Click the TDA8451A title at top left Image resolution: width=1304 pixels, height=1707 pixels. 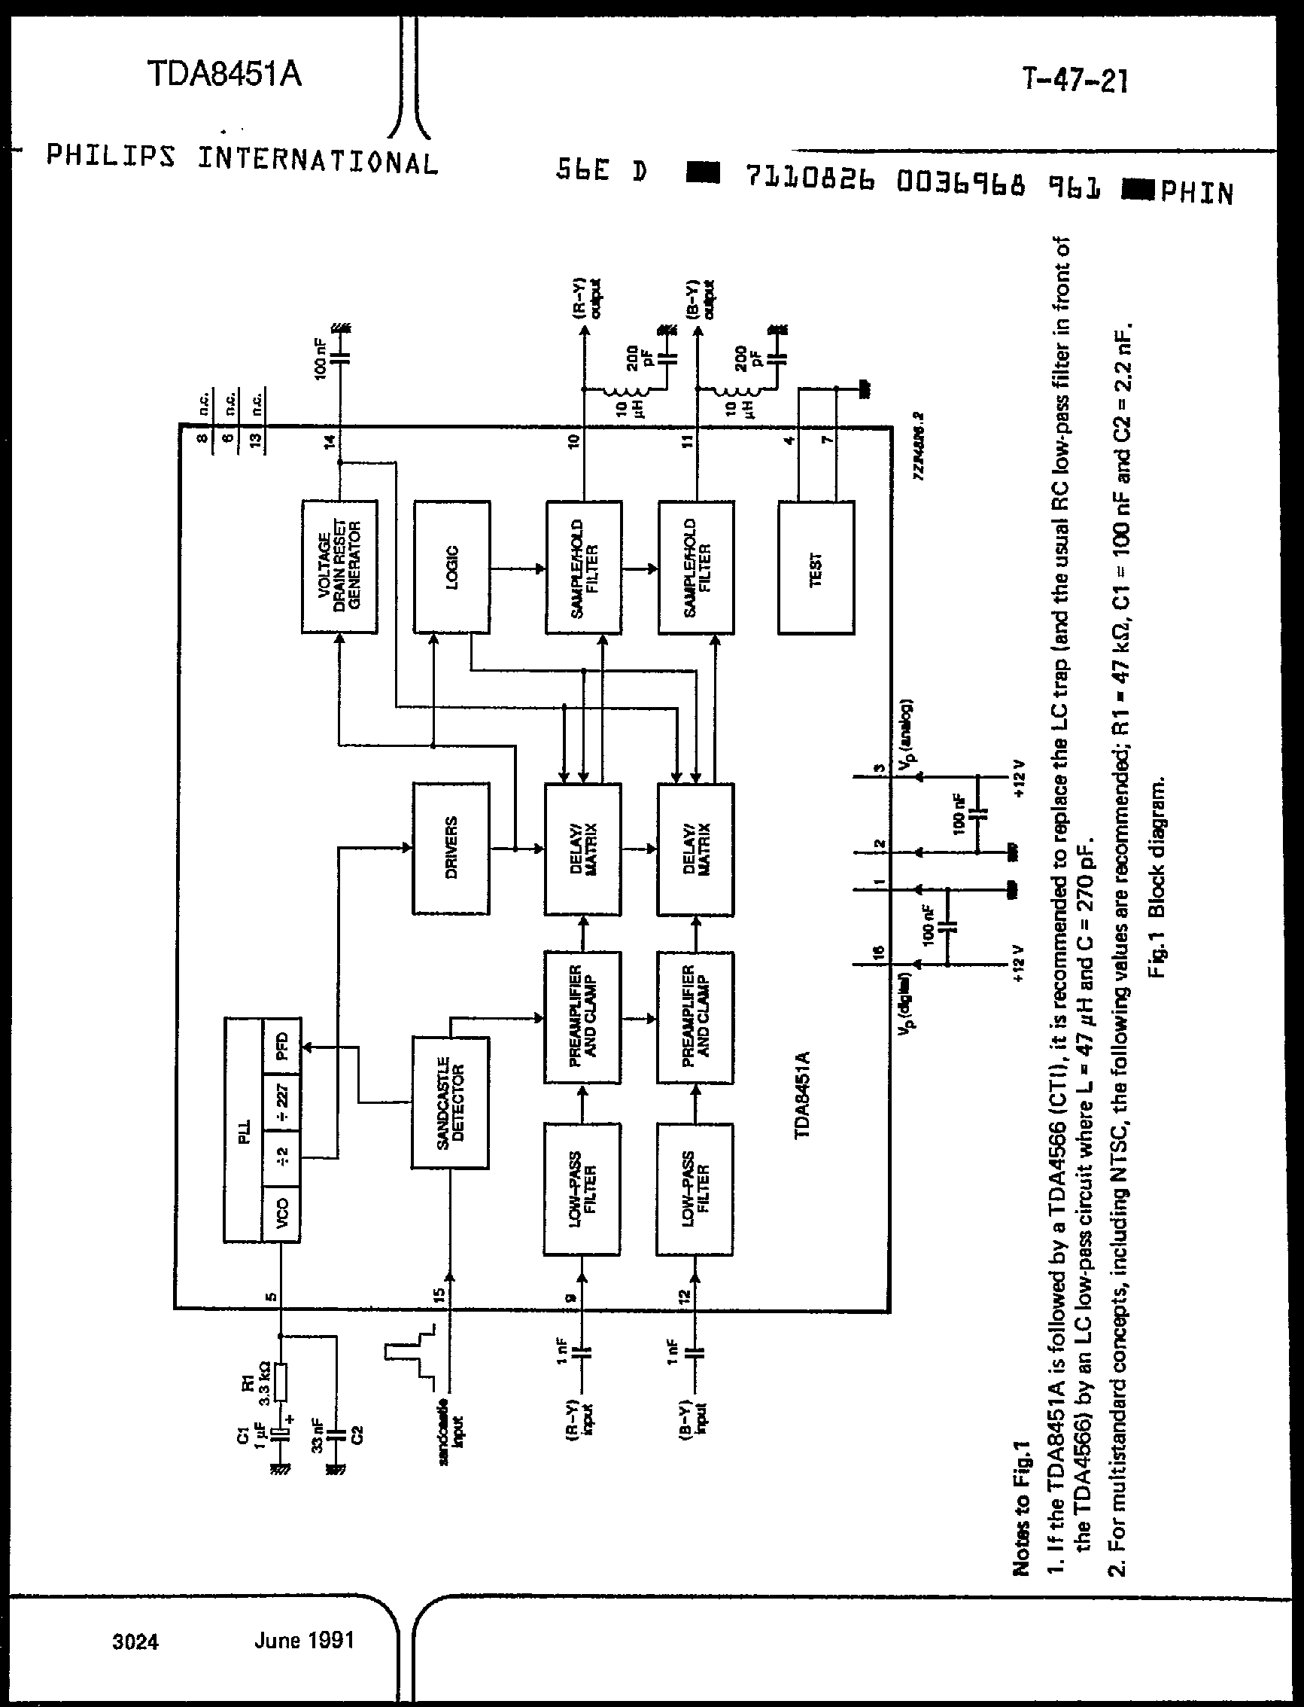(x=224, y=75)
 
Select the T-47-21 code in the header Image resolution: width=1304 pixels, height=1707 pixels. (x=1075, y=80)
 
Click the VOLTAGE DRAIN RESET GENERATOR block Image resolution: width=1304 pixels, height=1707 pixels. (x=339, y=566)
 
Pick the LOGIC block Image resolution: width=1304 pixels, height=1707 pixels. (x=451, y=566)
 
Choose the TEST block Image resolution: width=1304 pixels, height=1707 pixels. (x=816, y=568)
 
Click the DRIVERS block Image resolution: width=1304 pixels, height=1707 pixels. (x=451, y=848)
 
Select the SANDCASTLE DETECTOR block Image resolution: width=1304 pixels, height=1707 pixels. (x=450, y=1102)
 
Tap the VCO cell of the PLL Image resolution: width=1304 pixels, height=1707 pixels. (x=281, y=1212)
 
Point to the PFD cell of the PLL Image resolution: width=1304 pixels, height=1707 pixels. (x=281, y=1045)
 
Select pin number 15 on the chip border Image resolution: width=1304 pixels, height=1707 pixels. (x=439, y=1294)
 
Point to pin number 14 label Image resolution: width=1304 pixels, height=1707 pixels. (x=329, y=441)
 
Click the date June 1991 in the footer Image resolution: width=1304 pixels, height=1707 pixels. (x=304, y=1640)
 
